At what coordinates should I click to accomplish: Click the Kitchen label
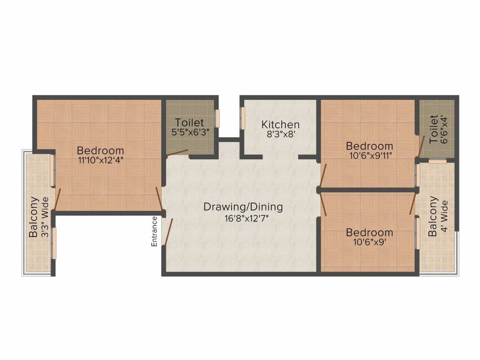(x=280, y=125)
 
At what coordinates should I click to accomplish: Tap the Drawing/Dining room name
(x=243, y=207)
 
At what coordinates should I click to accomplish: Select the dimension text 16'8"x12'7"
(x=243, y=217)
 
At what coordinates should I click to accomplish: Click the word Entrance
(x=154, y=231)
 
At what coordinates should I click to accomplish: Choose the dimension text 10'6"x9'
(x=369, y=243)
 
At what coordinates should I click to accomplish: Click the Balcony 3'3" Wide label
(x=38, y=217)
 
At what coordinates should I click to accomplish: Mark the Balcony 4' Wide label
(x=439, y=216)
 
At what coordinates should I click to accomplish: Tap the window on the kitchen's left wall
(x=242, y=117)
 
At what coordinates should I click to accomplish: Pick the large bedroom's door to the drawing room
(x=159, y=198)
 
